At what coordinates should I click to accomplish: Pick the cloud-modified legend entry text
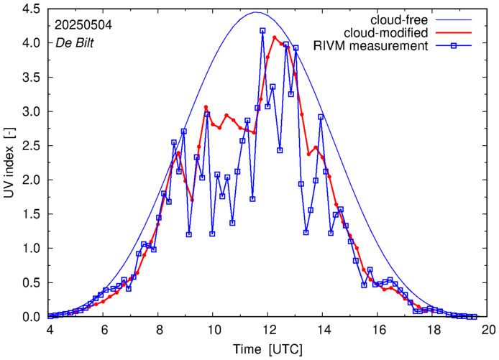tap(387, 33)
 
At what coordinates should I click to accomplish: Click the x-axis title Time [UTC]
tap(267, 349)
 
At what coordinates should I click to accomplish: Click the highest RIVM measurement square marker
tap(262, 31)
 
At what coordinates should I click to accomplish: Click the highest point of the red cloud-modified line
tap(274, 37)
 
